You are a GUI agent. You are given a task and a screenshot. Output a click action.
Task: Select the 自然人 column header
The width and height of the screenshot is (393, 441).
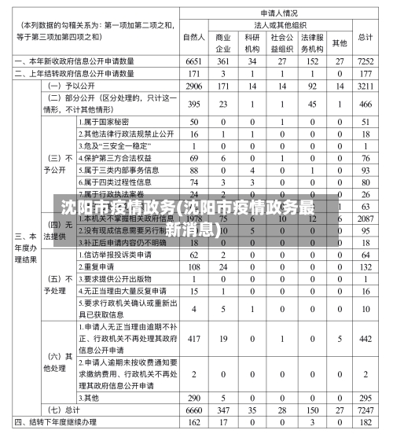pos(194,37)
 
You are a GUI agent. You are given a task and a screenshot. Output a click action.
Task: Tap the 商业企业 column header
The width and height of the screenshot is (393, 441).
pos(223,42)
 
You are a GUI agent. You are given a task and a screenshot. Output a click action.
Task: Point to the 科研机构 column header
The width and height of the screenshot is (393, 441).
pos(252,42)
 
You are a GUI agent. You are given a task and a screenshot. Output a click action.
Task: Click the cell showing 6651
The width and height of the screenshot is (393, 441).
pos(194,61)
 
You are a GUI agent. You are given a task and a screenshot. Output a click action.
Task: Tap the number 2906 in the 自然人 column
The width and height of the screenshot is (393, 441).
pos(194,85)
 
